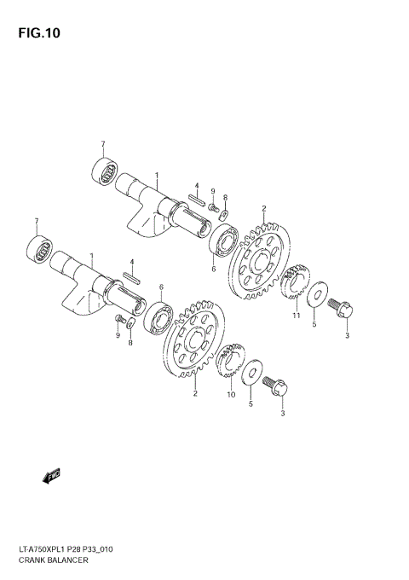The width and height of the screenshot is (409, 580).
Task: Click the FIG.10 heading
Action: point(36,34)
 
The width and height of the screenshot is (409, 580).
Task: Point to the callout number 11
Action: point(297,316)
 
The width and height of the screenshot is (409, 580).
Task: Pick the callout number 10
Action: point(231,395)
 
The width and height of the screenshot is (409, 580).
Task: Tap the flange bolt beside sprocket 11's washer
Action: point(343,307)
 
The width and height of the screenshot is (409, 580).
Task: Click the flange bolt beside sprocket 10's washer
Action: point(279,387)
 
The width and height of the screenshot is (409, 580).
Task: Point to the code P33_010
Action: point(118,549)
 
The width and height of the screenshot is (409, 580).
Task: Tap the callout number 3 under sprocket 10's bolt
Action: point(283,415)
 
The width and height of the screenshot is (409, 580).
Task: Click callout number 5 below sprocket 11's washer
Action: point(314,324)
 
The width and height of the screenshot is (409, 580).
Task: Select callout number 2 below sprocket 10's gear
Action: point(195,393)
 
